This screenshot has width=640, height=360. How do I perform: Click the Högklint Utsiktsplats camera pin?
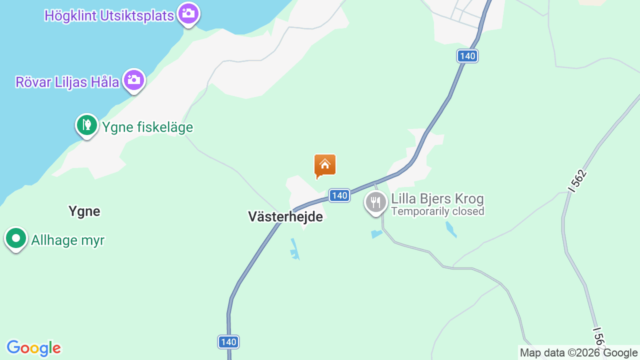188,13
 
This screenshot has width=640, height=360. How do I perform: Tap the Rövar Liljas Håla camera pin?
133,80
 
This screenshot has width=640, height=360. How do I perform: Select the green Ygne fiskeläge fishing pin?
87,125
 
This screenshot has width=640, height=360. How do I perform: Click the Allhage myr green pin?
16,238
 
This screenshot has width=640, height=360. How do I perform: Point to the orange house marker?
325,165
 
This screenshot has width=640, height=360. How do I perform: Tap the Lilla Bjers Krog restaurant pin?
375,202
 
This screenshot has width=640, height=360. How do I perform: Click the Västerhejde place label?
285,216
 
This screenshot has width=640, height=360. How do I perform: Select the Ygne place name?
84,211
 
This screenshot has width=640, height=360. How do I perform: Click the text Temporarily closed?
437,211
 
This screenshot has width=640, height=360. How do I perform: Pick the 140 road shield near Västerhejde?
339,195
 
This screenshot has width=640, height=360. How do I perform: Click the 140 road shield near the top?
467,56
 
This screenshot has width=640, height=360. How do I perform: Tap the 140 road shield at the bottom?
228,342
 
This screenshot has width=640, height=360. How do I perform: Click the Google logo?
33,348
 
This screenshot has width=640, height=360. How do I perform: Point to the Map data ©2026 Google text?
578,353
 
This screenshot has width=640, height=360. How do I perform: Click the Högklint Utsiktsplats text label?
109,15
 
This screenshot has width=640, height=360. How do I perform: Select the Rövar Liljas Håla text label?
67,82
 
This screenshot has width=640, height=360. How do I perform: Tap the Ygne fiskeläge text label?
147,127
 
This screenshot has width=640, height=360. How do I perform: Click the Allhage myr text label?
67,240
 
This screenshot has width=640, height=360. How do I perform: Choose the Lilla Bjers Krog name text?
437,199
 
